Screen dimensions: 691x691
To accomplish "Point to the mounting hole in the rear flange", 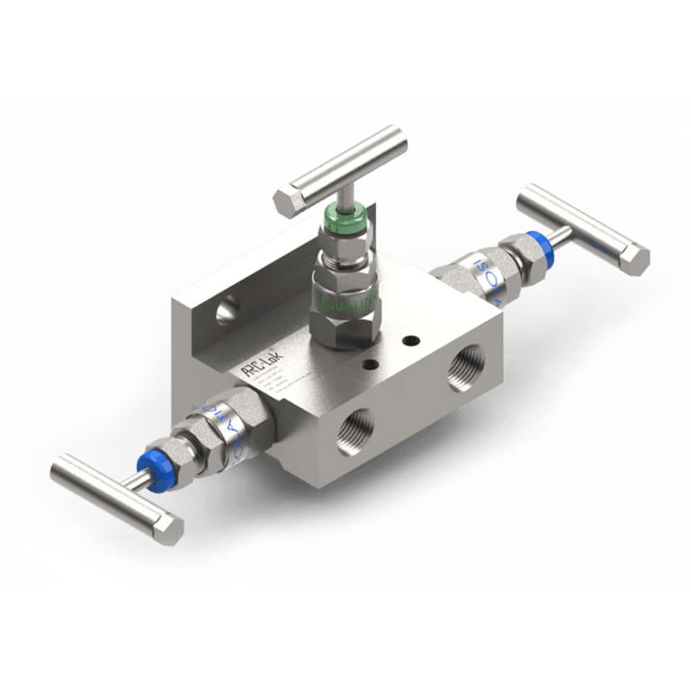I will click(226, 312).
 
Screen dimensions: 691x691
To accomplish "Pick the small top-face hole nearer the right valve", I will click(410, 341).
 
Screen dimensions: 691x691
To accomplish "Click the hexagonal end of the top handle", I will click(285, 201).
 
